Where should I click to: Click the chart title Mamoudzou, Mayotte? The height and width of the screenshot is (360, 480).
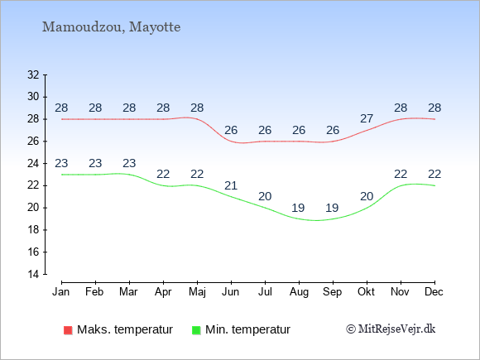(111, 27)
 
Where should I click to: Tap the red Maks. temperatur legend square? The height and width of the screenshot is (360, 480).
(68, 330)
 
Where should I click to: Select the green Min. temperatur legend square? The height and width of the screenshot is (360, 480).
(196, 330)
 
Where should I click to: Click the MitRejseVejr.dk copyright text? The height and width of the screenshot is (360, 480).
(391, 329)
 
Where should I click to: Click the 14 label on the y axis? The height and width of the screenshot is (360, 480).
(33, 274)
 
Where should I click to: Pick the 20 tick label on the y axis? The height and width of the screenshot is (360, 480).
(33, 208)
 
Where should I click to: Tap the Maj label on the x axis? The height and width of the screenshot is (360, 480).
(197, 292)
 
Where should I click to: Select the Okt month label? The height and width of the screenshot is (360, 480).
(366, 292)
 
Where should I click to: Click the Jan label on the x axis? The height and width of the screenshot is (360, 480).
(61, 292)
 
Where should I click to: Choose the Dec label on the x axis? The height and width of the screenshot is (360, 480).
(434, 292)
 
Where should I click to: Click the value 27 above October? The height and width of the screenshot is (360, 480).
(367, 118)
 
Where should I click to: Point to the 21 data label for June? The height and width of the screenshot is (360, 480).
(231, 185)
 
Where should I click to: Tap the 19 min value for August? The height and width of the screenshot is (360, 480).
(298, 209)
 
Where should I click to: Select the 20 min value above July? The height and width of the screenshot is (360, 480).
(265, 196)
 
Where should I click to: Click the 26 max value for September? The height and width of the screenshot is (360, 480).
(333, 130)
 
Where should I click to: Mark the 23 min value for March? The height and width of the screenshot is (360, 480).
(129, 163)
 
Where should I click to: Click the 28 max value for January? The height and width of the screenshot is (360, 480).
(61, 108)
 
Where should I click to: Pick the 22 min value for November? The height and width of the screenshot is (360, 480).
(401, 174)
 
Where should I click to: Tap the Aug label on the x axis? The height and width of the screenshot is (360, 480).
(299, 292)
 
